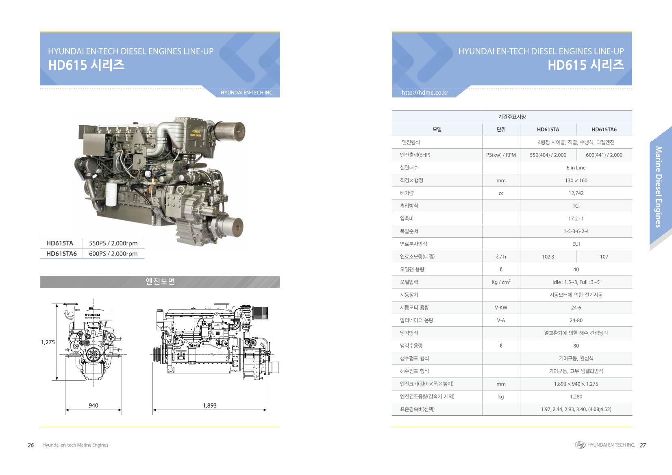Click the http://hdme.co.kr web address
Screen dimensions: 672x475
point(425,93)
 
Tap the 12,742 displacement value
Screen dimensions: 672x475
point(576,193)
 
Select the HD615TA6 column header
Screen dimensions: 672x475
point(604,130)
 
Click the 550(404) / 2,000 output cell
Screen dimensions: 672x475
point(548,155)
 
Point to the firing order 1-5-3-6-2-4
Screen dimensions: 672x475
point(576,231)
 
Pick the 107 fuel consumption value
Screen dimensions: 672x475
point(604,257)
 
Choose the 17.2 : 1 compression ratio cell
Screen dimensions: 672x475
point(576,219)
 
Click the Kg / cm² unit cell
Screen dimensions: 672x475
point(501,282)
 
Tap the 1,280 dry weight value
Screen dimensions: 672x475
point(576,397)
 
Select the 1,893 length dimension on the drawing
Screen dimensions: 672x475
point(209,406)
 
